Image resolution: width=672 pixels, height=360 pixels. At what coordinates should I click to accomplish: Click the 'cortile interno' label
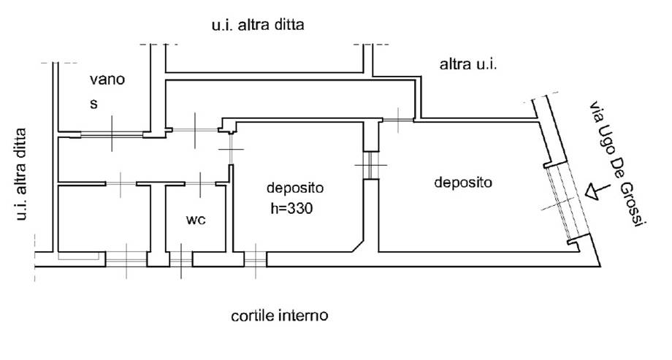coord(279,316)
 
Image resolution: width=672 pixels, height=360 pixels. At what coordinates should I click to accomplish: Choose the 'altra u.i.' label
coord(468,65)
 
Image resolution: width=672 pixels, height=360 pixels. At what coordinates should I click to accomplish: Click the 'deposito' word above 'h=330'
coord(295,186)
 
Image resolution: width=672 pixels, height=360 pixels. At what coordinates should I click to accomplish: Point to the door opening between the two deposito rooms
coord(371,165)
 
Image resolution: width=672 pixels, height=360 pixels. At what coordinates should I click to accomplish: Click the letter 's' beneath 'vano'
coord(93,103)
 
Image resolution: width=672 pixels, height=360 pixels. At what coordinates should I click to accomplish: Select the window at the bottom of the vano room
coord(111,134)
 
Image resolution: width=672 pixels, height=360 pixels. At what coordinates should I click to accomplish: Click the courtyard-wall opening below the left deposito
coord(255,259)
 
